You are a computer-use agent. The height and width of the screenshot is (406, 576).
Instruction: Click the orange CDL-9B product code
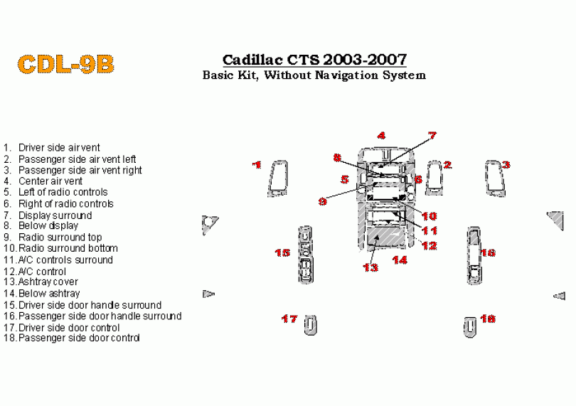65,64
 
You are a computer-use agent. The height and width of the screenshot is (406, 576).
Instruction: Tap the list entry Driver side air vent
59,148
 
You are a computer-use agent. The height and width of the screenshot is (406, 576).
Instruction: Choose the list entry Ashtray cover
48,282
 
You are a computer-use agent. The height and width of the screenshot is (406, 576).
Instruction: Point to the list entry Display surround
55,215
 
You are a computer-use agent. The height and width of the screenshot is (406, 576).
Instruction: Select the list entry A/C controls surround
65,260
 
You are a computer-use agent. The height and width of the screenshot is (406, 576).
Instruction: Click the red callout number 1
257,165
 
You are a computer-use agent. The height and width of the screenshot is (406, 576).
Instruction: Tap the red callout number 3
506,165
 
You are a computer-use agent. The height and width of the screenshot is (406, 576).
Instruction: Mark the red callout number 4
381,136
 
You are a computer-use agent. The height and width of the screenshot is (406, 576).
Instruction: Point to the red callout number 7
432,136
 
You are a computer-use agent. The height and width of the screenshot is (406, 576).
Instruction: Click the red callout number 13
370,267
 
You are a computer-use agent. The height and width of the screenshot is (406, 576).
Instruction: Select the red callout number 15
282,252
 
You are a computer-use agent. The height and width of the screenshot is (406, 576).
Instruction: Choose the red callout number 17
289,319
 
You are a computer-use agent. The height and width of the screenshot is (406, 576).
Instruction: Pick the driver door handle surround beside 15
305,255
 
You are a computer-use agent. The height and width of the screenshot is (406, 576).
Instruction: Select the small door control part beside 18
469,326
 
